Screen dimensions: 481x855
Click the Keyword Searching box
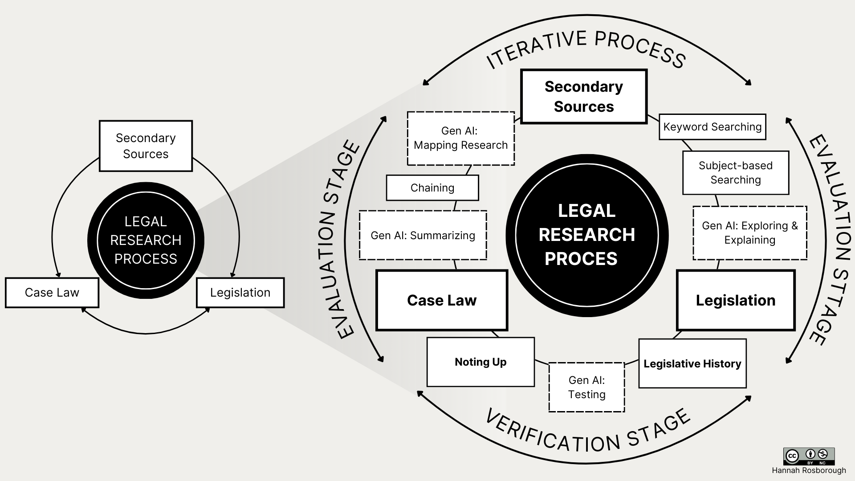712,127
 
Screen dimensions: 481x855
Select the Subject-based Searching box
735,173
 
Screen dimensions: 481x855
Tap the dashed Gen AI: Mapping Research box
460,138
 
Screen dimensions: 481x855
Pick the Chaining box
432,188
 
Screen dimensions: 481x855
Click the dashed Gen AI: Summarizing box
423,235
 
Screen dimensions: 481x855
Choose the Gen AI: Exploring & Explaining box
749,233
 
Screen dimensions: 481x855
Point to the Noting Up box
480,362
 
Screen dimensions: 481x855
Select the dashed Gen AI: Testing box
586,387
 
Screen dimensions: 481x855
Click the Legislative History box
692,363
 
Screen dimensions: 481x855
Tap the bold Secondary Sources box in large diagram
583,96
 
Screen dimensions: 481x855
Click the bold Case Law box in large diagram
441,300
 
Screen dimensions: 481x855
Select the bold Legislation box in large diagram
735,300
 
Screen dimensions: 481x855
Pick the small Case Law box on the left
52,293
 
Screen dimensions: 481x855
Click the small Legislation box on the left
240,293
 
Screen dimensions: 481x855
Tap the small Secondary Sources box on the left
146,146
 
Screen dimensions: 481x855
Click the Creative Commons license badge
809,456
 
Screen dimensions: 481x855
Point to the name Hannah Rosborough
809,470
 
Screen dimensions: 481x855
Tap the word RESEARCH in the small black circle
146,240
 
